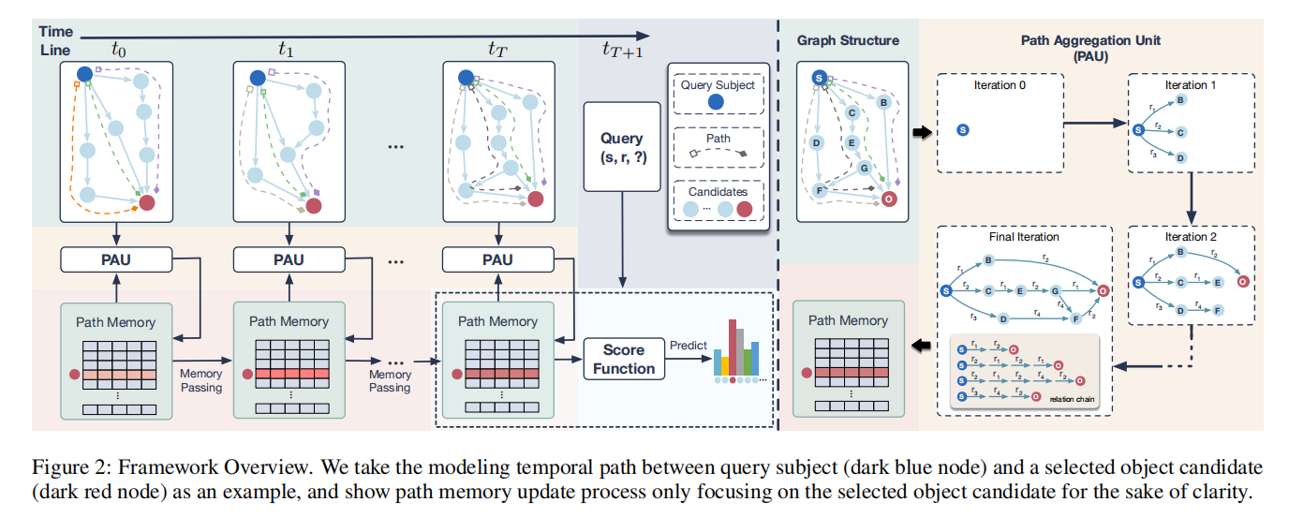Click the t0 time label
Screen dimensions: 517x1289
click(x=118, y=49)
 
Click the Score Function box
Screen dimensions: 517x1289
click(x=623, y=360)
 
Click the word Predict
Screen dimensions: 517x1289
click(x=688, y=346)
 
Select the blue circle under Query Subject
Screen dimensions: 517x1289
click(x=717, y=104)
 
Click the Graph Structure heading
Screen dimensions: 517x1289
click(x=848, y=40)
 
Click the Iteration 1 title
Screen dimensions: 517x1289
click(x=1185, y=84)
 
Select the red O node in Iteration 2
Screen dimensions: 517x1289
click(x=1242, y=280)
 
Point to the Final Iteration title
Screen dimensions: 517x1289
click(x=1024, y=237)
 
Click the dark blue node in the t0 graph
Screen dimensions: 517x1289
click(x=83, y=74)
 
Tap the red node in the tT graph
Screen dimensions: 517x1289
click(x=536, y=199)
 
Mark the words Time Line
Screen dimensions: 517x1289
click(x=55, y=40)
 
